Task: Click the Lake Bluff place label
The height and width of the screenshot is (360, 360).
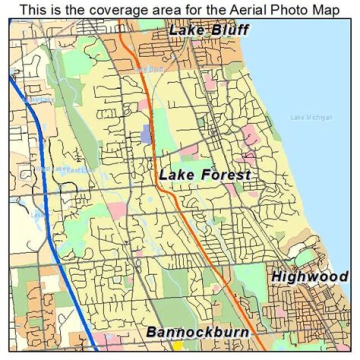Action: [208, 30]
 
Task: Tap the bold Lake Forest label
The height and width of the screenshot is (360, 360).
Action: [205, 175]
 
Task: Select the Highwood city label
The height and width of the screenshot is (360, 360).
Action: [309, 276]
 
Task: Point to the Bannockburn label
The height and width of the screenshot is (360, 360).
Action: [197, 332]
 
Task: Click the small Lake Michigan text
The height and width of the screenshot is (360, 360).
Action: [311, 117]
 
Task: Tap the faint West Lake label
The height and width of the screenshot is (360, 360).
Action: [50, 169]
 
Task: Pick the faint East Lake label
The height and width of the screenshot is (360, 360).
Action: [77, 170]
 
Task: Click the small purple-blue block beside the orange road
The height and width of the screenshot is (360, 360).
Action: [145, 134]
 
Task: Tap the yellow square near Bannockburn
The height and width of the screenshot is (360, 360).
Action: [177, 345]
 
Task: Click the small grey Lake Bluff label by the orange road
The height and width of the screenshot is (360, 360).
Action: [148, 70]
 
